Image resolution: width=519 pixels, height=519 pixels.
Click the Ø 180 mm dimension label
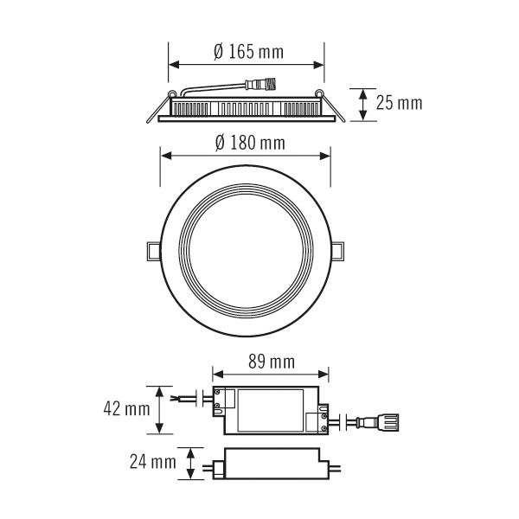[248, 141]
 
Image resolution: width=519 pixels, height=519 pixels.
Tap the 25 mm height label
[399, 104]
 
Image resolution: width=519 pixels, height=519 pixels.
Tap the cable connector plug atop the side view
[260, 85]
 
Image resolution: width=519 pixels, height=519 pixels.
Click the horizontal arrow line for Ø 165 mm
[247, 65]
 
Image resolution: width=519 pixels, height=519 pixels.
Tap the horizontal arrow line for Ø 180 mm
[247, 156]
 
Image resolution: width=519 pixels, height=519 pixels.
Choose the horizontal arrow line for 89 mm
[270, 375]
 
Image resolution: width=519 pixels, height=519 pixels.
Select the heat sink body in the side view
[247, 107]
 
